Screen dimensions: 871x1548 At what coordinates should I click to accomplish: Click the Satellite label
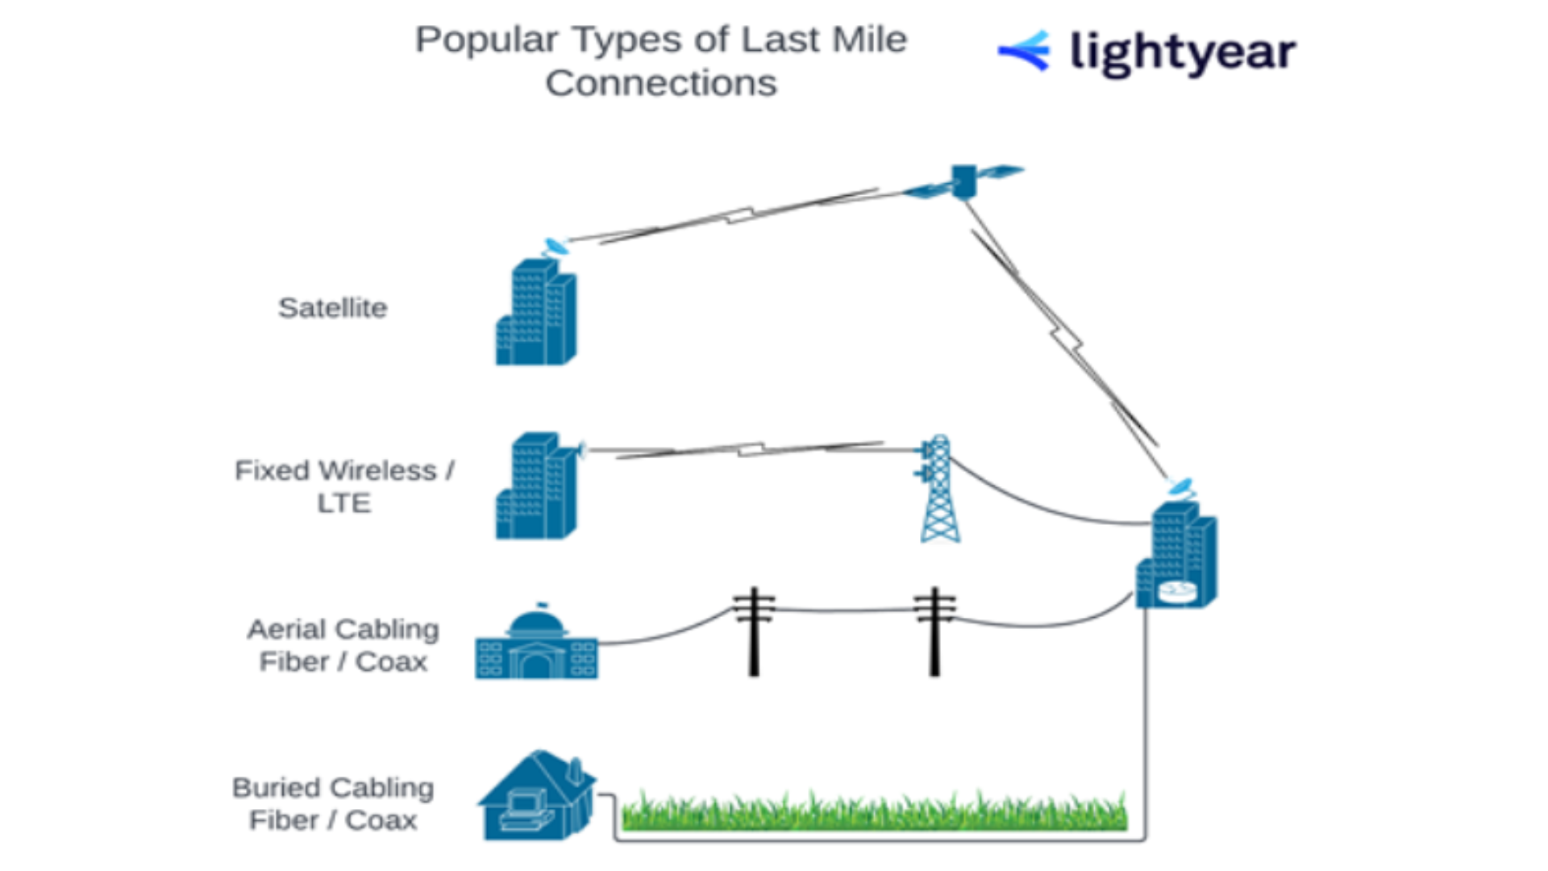coord(332,308)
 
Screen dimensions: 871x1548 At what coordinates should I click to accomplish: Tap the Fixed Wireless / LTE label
coord(344,486)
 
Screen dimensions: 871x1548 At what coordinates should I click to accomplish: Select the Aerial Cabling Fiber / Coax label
coord(343,645)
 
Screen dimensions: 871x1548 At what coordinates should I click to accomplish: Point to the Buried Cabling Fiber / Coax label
coord(333,804)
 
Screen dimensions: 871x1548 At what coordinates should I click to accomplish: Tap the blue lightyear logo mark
coord(1025,51)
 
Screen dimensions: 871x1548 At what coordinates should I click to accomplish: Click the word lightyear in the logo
coord(1183,53)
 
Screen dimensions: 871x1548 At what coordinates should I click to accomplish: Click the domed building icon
coord(536,645)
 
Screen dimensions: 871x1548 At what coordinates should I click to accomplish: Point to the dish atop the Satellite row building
coord(555,246)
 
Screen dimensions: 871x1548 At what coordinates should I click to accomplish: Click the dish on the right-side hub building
coord(1181,487)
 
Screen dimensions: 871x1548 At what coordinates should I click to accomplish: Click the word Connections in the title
coord(661,83)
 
